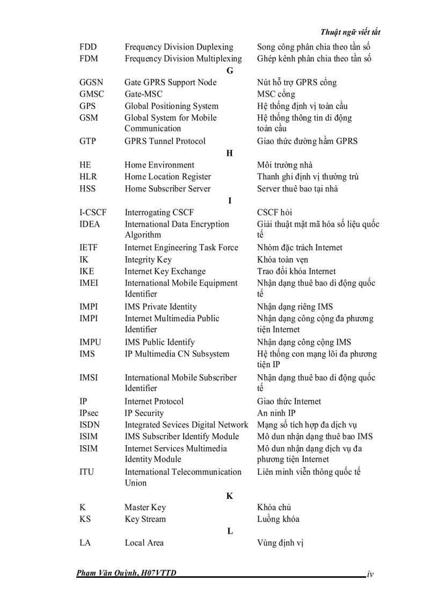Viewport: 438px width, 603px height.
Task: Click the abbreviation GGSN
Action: tap(91, 82)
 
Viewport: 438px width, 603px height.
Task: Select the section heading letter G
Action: tap(230, 70)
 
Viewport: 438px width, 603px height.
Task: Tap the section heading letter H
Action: tap(230, 153)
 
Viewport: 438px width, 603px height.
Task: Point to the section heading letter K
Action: tap(230, 496)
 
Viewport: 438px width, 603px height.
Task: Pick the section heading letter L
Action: tap(230, 531)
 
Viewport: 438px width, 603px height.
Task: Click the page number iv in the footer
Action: tap(370, 575)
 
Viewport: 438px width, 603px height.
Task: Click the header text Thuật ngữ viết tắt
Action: tap(350, 32)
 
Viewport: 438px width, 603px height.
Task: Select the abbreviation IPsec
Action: tap(89, 413)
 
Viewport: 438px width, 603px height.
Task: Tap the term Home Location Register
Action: tap(168, 177)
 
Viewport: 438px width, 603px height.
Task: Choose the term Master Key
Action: tap(145, 507)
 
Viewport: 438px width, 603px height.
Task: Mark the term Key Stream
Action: tap(145, 519)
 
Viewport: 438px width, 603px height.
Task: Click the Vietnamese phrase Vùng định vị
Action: tap(280, 543)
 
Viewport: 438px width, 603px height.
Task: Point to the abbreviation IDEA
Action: tap(90, 224)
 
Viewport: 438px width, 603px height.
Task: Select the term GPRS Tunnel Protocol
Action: tap(165, 141)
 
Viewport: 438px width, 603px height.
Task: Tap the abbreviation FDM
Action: tap(89, 59)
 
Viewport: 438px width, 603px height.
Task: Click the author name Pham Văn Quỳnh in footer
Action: tap(107, 573)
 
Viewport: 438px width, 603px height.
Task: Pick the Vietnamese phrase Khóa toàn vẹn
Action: tap(283, 259)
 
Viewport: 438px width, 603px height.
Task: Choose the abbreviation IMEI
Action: tap(89, 283)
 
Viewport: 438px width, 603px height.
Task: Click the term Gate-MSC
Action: tap(143, 94)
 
